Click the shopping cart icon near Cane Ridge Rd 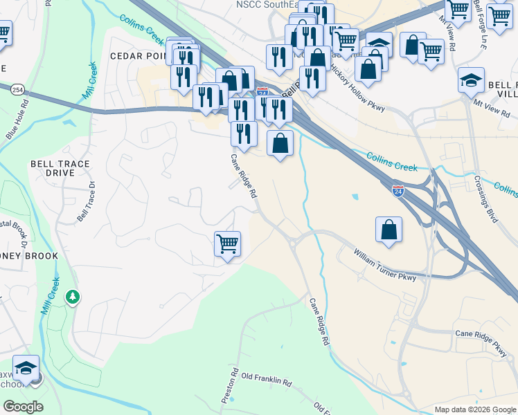pos(228,244)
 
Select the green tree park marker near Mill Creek pos(72,297)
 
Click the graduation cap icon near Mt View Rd pos(471,80)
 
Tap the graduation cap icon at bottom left pos(26,368)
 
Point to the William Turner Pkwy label pos(385,266)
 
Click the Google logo pos(23,407)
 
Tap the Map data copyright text pos(474,409)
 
